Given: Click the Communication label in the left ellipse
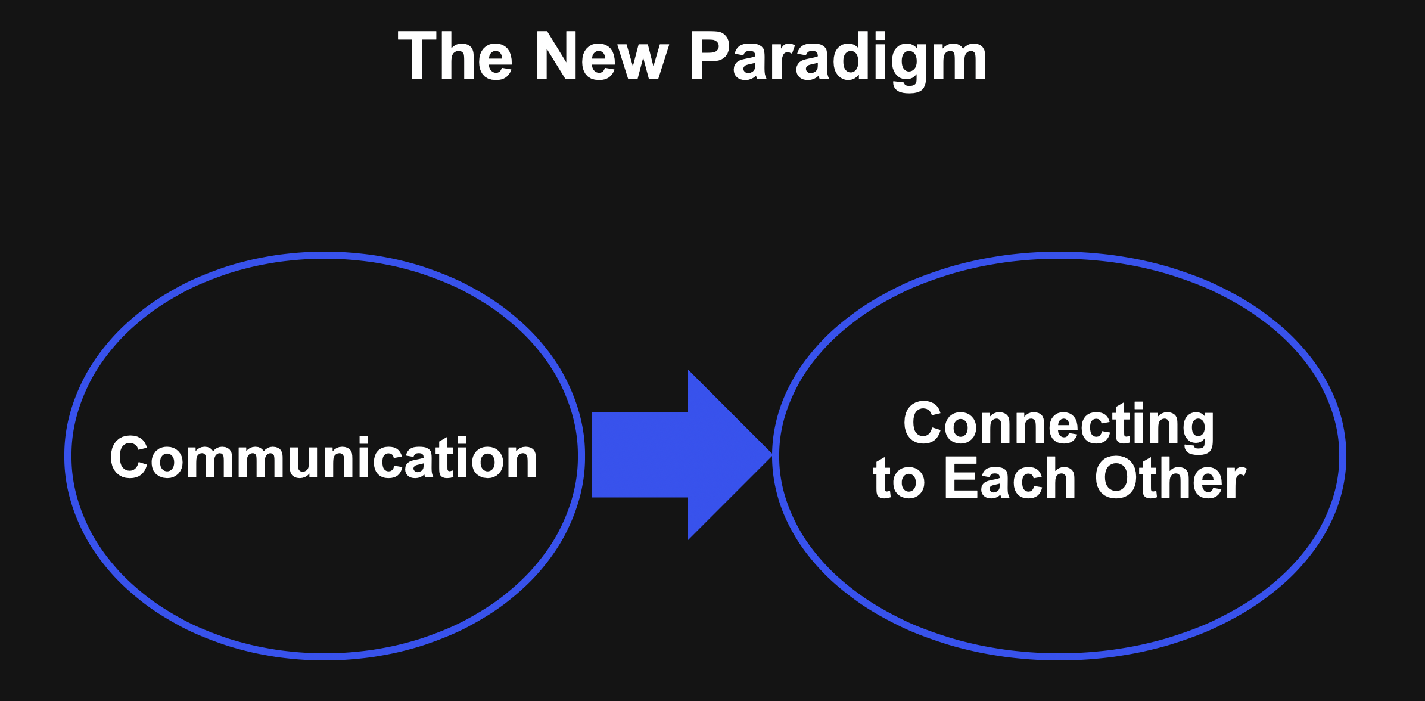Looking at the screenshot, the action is [324, 457].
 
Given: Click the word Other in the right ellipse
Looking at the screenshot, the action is [1171, 477].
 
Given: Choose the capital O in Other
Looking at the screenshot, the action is [1118, 477].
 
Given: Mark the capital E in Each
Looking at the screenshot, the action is [963, 477].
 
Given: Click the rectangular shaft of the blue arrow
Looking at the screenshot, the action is [640, 455].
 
